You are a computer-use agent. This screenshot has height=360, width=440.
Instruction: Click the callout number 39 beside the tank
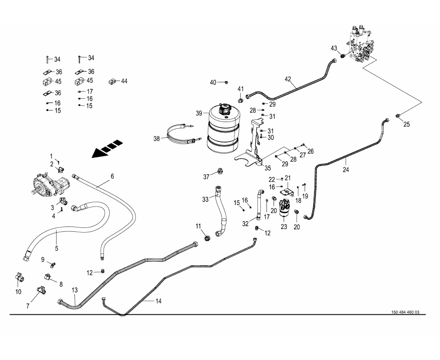coord(199,113)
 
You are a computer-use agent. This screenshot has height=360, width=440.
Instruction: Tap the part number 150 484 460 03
coord(405,312)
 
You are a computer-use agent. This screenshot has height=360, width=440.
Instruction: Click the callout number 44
coord(124,81)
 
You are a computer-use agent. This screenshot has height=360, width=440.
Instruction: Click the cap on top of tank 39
coord(223,109)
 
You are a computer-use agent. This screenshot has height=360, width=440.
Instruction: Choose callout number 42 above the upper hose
coord(287,79)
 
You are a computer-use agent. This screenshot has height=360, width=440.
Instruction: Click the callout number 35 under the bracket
coord(268,168)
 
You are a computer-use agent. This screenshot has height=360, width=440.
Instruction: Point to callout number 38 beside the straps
coord(157,139)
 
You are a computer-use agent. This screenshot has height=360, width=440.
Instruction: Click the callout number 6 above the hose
coord(113,176)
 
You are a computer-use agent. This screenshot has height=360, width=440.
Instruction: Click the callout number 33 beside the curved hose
coord(205,199)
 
